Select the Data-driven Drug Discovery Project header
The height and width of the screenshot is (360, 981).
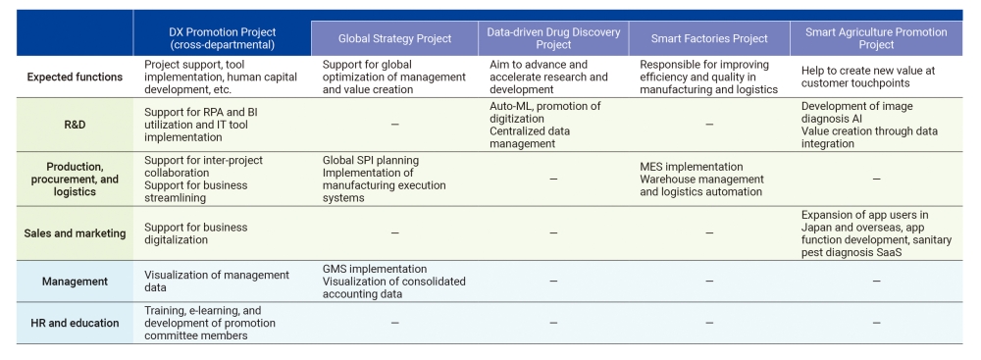click(x=553, y=38)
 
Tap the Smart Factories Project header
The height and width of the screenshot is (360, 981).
click(x=708, y=38)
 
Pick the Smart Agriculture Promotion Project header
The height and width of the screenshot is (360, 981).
click(x=876, y=38)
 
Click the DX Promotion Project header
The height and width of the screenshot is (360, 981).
click(x=222, y=38)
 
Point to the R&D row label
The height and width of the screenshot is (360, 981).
click(x=67, y=126)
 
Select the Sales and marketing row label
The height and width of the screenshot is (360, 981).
click(x=67, y=232)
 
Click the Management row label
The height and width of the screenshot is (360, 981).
click(x=67, y=282)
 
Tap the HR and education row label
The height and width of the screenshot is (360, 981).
click(x=67, y=323)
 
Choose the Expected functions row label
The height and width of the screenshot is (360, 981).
click(x=67, y=77)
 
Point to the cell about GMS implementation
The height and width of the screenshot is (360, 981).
click(x=394, y=281)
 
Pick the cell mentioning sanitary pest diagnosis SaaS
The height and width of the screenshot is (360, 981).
click(x=876, y=232)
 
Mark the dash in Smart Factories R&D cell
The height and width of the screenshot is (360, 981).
click(x=708, y=126)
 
